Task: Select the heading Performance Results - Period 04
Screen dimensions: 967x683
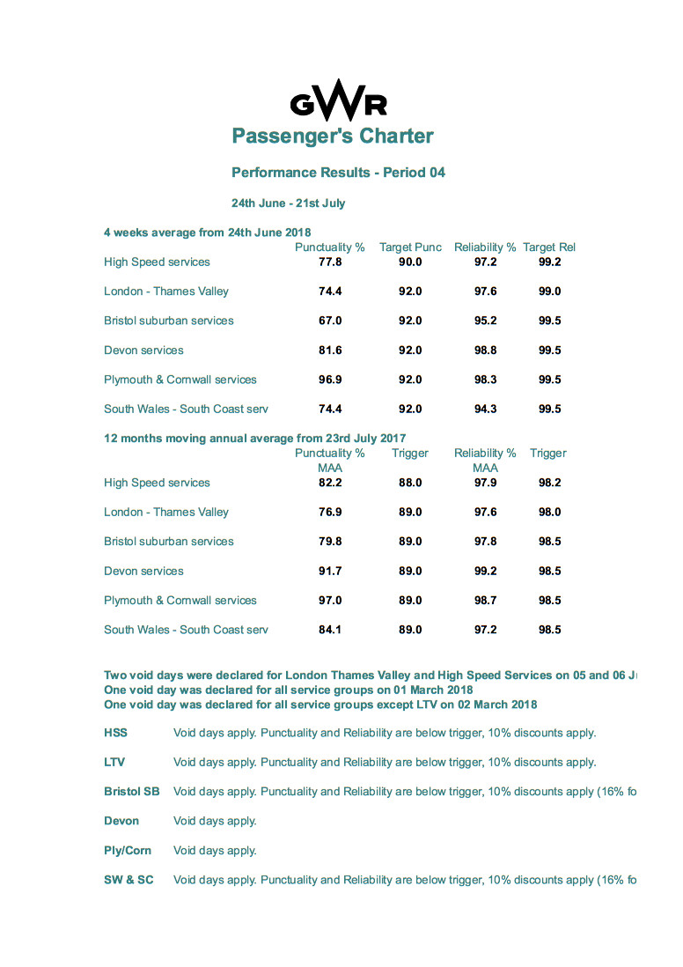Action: click(338, 173)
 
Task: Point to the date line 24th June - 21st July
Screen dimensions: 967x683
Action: click(288, 203)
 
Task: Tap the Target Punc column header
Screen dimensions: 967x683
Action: click(410, 247)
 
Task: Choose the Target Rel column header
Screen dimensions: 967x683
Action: click(548, 247)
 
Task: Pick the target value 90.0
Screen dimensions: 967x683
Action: click(410, 262)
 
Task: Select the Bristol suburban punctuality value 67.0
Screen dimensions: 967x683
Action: click(330, 321)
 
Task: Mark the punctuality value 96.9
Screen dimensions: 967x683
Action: click(330, 380)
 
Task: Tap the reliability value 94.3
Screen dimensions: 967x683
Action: click(485, 410)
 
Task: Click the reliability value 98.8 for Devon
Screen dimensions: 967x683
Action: click(485, 351)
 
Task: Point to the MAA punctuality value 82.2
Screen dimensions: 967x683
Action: click(330, 484)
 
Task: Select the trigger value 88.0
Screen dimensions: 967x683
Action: click(410, 484)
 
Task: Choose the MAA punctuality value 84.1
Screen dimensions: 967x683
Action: click(330, 631)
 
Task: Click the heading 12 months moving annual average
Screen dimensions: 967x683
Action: click(254, 439)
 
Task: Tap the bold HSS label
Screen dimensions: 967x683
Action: click(115, 734)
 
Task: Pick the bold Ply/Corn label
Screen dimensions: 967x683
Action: click(128, 851)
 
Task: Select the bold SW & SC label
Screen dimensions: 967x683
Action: click(129, 880)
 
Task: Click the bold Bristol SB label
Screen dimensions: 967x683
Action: click(132, 792)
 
